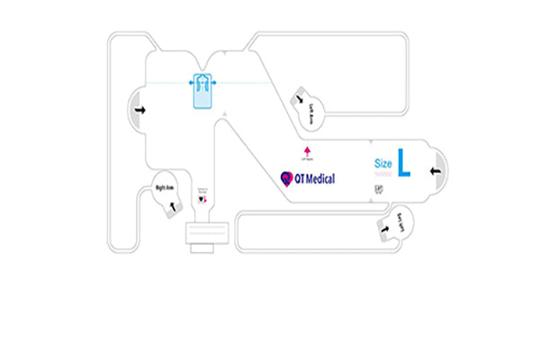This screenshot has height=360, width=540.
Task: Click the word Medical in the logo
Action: (315, 179)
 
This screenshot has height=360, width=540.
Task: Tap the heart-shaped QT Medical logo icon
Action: (287, 178)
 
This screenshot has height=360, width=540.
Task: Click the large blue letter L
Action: (404, 164)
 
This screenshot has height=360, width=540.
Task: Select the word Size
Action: (383, 164)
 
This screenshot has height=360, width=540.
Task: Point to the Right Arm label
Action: (165, 188)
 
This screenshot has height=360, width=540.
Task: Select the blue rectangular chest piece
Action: (204, 90)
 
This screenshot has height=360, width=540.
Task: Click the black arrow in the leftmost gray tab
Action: (139, 110)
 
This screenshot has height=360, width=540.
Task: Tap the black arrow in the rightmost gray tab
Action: (435, 168)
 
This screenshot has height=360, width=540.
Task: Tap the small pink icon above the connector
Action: (202, 198)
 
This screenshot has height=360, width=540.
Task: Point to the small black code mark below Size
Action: (378, 190)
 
